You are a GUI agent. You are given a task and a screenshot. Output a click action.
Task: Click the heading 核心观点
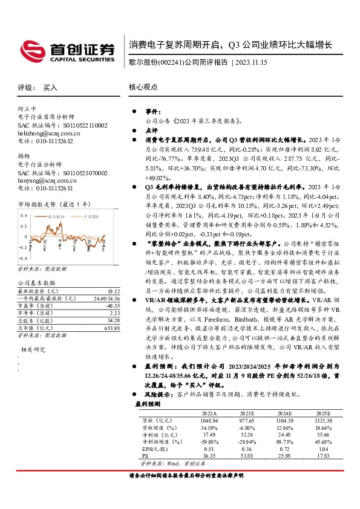(142, 88)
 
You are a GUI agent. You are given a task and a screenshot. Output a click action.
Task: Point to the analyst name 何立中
(28, 109)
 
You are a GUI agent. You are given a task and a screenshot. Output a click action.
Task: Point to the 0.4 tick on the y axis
(25, 216)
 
